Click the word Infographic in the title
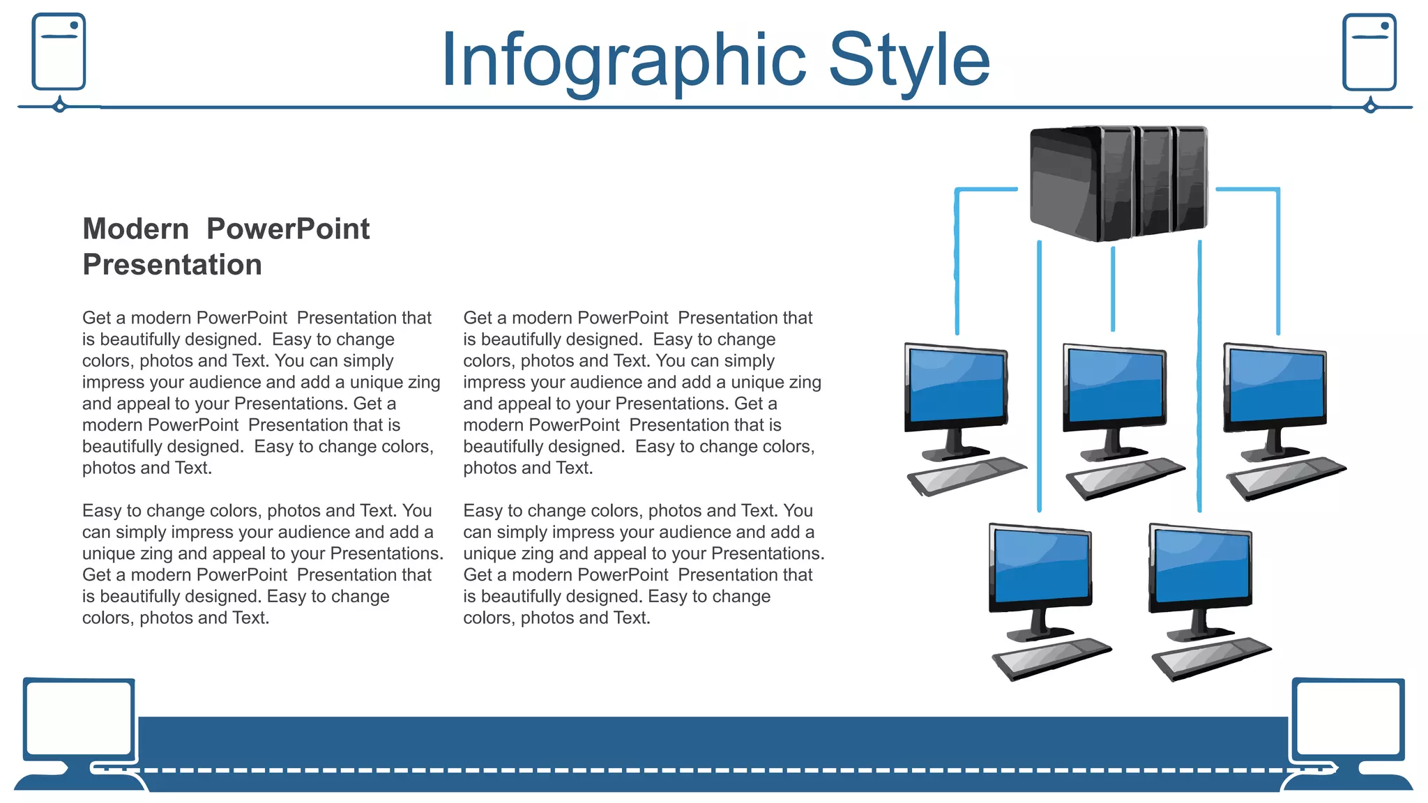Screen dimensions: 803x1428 [x=623, y=61]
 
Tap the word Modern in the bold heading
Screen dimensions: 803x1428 [x=136, y=229]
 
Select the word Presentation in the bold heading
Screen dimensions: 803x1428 [x=172, y=266]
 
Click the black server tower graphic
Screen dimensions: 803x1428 [x=1118, y=183]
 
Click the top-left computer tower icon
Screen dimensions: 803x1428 [x=59, y=52]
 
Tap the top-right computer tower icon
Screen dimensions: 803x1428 [x=1369, y=52]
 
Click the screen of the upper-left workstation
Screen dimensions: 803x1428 [x=956, y=385]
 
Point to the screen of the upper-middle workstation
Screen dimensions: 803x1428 [x=1115, y=385]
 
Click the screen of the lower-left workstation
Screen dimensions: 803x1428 [x=1041, y=565]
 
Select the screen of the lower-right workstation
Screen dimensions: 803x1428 [x=1201, y=565]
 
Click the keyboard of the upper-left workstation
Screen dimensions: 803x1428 [x=966, y=477]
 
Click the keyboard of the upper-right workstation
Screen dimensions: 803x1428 [x=1286, y=477]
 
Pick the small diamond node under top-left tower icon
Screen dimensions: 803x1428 [x=60, y=107]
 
